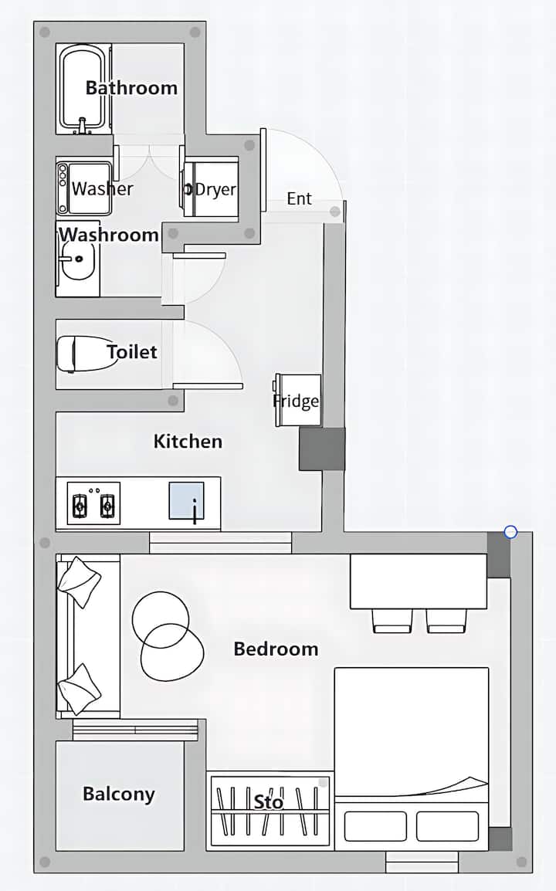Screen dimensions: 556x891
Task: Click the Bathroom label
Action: point(131,88)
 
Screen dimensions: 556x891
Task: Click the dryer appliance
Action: point(210,188)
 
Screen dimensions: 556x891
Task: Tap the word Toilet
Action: point(132,352)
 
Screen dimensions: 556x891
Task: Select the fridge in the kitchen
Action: point(298,400)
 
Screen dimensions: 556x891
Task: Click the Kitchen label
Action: point(188,442)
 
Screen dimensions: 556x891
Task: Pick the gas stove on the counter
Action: point(93,503)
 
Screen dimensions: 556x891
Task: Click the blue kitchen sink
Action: point(186,500)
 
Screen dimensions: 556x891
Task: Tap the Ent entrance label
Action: point(299,198)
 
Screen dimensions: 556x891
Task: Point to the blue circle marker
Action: point(510,532)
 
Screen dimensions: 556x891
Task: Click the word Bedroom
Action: point(276,649)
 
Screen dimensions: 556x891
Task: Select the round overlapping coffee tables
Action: point(168,636)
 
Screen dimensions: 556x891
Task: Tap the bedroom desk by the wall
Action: point(419,581)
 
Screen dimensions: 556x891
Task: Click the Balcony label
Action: point(119,794)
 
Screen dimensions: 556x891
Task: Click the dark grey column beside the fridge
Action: point(322,449)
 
